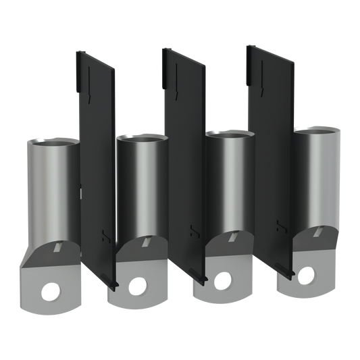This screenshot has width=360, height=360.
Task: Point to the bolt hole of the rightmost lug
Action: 309,275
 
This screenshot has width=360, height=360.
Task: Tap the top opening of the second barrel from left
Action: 140,136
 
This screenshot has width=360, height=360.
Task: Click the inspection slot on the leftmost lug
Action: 60,248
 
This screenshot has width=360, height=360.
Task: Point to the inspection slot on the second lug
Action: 147,241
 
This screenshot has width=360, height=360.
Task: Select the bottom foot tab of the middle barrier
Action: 203,276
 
